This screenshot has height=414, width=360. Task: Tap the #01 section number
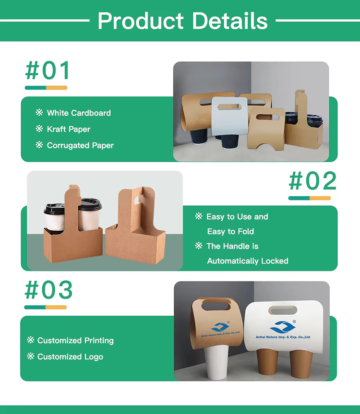coord(48,71)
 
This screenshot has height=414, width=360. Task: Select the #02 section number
coord(312,181)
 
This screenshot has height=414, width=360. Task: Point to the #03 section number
coord(48,290)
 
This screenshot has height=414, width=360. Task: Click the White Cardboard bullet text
coord(79,113)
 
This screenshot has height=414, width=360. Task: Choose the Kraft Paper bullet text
coord(68,129)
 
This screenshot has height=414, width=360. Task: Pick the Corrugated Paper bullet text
coord(80,145)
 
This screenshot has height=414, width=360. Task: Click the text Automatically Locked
coord(247,261)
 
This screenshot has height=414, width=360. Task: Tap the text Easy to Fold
coord(230,231)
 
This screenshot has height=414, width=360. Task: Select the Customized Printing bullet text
coord(75,341)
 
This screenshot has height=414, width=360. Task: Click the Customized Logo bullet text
coord(70,356)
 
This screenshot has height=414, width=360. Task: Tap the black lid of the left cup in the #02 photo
coord(54,209)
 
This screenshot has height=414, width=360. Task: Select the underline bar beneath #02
coord(310,198)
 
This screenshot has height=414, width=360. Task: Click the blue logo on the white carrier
coord(280,328)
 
